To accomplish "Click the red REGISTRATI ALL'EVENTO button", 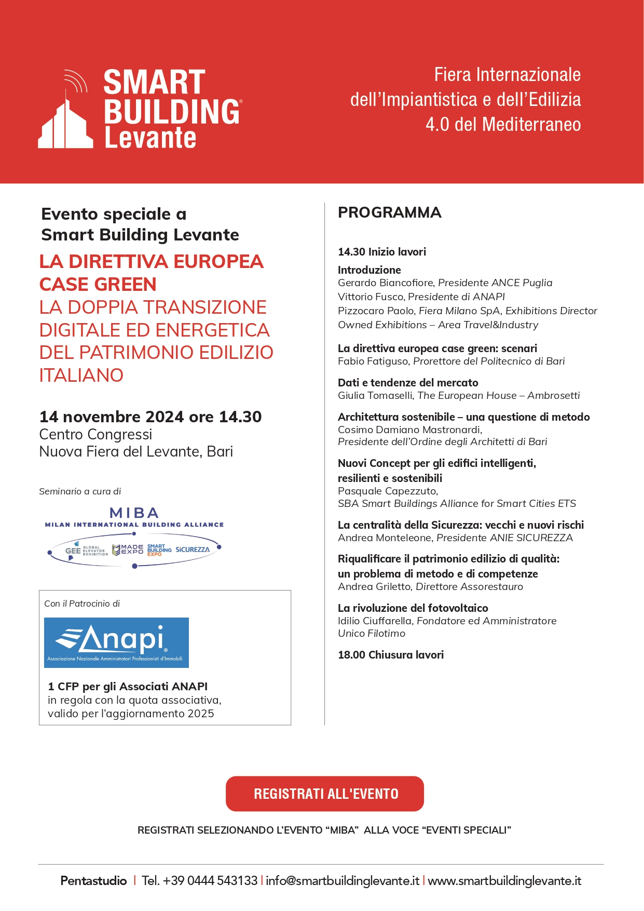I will pyautogui.click(x=325, y=794).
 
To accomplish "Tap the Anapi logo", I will pyautogui.click(x=116, y=642).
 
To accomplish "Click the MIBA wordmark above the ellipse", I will pyautogui.click(x=134, y=513).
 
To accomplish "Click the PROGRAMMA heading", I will pyautogui.click(x=390, y=212).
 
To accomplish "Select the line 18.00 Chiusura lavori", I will pyautogui.click(x=391, y=655).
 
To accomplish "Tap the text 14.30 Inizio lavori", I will pyautogui.click(x=382, y=252).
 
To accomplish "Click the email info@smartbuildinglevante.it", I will pyautogui.click(x=342, y=881).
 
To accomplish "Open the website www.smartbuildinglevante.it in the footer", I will pyautogui.click(x=504, y=881).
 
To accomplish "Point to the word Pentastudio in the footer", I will pyautogui.click(x=93, y=881).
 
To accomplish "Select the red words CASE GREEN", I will pyautogui.click(x=98, y=285).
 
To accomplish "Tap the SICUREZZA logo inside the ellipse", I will pyautogui.click(x=193, y=550).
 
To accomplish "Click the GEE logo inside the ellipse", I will pyautogui.click(x=73, y=551).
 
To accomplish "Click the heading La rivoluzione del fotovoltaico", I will pyautogui.click(x=413, y=608).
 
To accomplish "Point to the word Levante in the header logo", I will pyautogui.click(x=150, y=138).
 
